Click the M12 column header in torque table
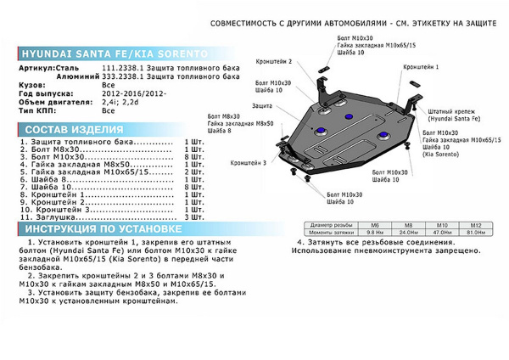476,224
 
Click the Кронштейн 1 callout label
421,65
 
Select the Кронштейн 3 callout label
248,162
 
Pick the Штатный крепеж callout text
450,114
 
